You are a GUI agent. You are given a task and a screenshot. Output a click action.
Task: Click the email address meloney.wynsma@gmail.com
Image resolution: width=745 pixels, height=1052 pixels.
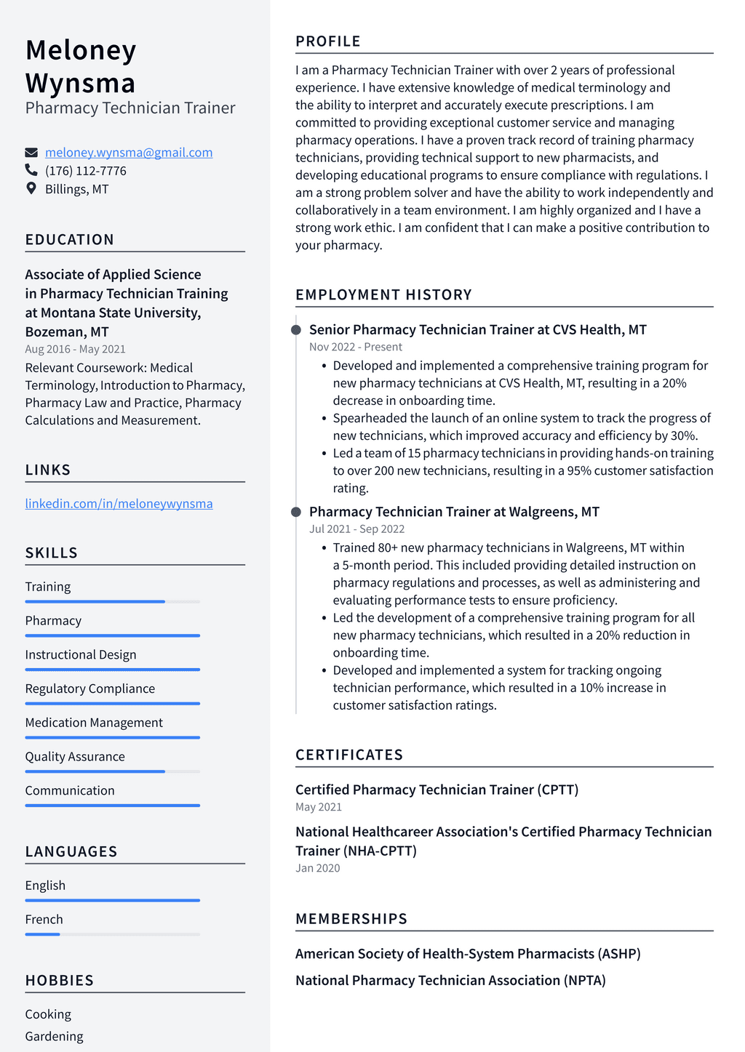point(129,153)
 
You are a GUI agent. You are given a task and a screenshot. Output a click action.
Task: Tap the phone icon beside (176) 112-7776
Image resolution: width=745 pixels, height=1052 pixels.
point(31,170)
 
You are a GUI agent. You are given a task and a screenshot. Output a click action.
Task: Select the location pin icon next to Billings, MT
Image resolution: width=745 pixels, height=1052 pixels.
point(31,188)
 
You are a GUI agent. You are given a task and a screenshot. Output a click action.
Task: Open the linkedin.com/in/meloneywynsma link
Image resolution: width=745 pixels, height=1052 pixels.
point(119,504)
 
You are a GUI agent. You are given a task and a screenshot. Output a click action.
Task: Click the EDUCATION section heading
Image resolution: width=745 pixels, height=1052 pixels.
point(70,240)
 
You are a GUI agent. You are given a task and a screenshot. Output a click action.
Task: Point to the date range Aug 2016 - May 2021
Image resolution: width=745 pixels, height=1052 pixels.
point(75,349)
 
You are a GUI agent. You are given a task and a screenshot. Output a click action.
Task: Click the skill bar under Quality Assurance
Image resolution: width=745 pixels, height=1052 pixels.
point(112,771)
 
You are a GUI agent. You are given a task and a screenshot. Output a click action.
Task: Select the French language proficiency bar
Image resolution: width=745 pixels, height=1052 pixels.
point(112,934)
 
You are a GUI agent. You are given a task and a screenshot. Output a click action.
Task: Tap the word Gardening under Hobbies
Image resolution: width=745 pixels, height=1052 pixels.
point(54,1036)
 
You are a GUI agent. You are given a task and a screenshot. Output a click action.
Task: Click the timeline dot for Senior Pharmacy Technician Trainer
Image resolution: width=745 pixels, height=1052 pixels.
point(296,330)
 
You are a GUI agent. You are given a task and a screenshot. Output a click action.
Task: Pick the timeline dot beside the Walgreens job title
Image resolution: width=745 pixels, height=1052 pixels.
point(296,512)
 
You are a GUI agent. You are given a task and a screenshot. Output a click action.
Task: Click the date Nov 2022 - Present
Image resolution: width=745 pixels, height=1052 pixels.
point(355,348)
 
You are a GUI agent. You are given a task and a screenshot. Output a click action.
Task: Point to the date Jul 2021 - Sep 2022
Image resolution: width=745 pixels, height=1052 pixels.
point(356,529)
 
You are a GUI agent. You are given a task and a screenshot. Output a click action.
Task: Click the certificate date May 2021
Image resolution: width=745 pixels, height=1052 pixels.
point(318,807)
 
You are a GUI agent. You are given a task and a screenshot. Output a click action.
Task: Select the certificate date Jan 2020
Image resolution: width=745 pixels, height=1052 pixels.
point(317,868)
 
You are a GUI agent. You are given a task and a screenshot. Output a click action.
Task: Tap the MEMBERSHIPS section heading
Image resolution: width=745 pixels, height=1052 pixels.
point(351,919)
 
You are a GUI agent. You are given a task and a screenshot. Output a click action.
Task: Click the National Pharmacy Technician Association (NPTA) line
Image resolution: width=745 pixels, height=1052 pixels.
point(450,981)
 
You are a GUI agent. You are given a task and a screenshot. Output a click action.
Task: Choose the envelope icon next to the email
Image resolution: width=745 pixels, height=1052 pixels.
point(31,153)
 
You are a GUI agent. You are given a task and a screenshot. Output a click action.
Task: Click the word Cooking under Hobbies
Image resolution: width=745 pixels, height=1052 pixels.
point(48,1014)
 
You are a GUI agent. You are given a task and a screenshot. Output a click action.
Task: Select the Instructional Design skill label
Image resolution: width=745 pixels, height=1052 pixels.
point(81,655)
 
